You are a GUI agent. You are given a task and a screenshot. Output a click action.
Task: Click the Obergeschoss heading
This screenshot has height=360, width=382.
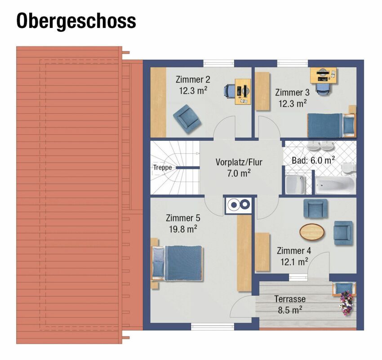pyautogui.click(x=76, y=22)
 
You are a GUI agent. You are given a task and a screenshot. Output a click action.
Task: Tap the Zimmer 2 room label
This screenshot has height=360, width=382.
pyautogui.click(x=193, y=80)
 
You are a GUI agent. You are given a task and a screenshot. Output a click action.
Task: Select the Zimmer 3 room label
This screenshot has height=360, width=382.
pyautogui.click(x=292, y=92)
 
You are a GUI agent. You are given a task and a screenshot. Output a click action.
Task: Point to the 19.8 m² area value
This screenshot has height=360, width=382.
pyautogui.click(x=183, y=229)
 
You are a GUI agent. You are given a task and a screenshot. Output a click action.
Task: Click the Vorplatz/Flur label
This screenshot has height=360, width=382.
pyautogui.click(x=239, y=162)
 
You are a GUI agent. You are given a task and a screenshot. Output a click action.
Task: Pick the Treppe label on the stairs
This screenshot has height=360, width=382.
pyautogui.click(x=163, y=167)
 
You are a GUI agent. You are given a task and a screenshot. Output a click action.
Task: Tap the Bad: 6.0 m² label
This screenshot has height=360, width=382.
pyautogui.click(x=313, y=160)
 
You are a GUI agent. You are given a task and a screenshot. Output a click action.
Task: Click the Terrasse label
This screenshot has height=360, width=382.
pyautogui.click(x=290, y=299)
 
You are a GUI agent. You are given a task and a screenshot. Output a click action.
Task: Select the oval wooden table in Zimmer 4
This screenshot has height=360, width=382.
pyautogui.click(x=312, y=232)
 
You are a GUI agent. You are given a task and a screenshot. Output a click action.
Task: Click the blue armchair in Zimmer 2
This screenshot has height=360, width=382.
pyautogui.click(x=187, y=119)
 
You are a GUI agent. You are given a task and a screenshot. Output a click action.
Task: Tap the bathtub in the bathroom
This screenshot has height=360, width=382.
pyautogui.click(x=335, y=185)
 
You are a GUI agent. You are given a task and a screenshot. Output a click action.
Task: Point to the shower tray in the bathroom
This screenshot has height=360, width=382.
pyautogui.click(x=295, y=184)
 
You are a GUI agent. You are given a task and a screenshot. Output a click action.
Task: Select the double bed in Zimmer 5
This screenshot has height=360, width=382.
pyautogui.click(x=178, y=263)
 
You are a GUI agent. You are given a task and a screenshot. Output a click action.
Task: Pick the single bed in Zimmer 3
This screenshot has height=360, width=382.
pyautogui.click(x=331, y=126)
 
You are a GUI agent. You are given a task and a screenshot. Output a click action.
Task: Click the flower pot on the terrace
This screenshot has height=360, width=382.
pyautogui.click(x=346, y=303)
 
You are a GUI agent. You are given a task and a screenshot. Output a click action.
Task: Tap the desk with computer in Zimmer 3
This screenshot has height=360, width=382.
pyautogui.click(x=323, y=75)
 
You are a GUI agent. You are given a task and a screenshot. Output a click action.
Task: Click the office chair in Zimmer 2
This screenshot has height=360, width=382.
pyautogui.click(x=230, y=91)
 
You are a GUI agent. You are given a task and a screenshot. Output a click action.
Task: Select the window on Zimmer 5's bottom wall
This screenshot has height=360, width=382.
pyautogui.click(x=213, y=327)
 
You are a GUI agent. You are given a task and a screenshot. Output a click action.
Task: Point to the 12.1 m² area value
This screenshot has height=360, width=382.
pyautogui.click(x=294, y=262)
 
